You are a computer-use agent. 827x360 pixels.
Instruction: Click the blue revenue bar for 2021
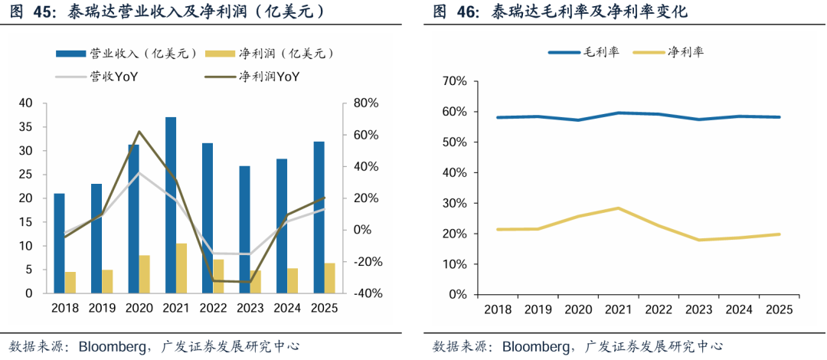click(x=170, y=205)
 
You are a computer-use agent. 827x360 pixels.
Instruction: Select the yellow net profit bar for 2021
click(x=181, y=269)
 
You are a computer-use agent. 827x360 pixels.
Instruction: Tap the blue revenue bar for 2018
click(x=59, y=244)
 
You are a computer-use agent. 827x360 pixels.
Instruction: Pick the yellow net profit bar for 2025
click(x=329, y=278)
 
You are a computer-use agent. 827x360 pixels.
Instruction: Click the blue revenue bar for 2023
click(x=244, y=230)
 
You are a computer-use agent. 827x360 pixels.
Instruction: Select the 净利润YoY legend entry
click(x=252, y=77)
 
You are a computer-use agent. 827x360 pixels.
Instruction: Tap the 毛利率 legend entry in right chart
click(x=583, y=52)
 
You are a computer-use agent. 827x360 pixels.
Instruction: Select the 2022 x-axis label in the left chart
click(x=213, y=308)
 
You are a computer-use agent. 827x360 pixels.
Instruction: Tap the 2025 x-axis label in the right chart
click(x=779, y=309)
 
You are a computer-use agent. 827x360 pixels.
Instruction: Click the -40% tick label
click(x=364, y=293)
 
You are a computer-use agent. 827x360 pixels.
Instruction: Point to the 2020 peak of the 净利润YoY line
click(x=139, y=132)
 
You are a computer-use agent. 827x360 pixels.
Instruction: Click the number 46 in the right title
click(x=466, y=12)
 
